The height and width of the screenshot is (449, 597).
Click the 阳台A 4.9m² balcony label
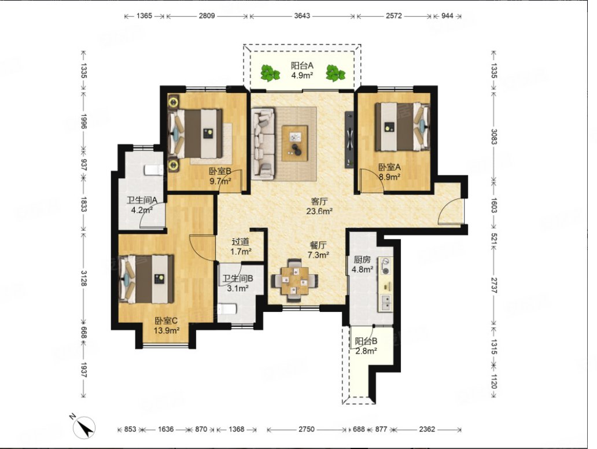coord(302,70)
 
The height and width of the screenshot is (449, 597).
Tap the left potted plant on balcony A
coord(270,73)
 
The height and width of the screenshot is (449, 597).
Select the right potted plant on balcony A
coord(335,73)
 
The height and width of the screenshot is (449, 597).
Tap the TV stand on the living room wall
coord(349,139)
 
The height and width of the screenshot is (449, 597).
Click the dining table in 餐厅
coord(295,281)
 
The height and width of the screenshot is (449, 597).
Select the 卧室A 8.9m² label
coord(389,172)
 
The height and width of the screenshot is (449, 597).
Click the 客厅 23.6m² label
coord(319,206)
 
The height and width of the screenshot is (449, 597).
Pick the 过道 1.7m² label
coord(241,246)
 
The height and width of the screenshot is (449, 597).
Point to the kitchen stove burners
coord(386,266)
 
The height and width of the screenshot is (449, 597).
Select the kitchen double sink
coord(385,303)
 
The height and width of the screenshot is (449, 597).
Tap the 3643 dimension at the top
coord(302,16)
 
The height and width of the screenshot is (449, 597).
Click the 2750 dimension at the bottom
coord(306,429)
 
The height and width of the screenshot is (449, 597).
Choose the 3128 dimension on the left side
coord(84,278)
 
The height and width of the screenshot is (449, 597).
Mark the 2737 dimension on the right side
coord(493,285)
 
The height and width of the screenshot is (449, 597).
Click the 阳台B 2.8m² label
coord(366,346)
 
